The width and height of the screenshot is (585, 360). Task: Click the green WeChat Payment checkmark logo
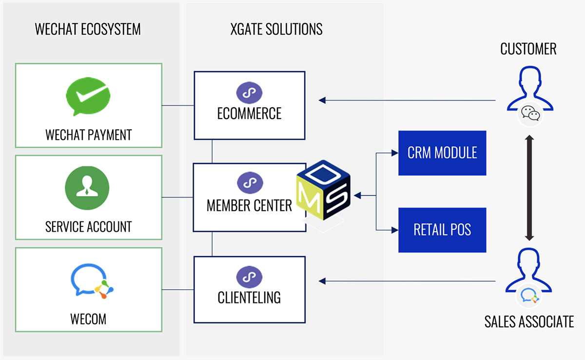(x=88, y=98)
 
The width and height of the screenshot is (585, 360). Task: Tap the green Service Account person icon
(x=87, y=188)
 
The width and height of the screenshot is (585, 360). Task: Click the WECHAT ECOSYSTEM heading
(x=88, y=29)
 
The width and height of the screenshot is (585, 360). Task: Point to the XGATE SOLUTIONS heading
(x=276, y=29)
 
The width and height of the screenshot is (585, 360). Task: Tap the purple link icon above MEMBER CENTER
(x=249, y=184)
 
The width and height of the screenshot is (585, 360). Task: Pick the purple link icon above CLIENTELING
(x=249, y=277)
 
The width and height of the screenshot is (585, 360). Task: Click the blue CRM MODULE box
(x=442, y=153)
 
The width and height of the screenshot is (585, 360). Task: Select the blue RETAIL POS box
(x=442, y=230)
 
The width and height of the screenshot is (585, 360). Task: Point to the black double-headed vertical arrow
(x=529, y=187)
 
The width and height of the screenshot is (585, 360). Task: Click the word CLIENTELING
(x=249, y=297)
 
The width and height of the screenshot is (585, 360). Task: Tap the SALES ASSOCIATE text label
(x=529, y=321)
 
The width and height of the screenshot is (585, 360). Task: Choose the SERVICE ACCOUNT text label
(x=88, y=227)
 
